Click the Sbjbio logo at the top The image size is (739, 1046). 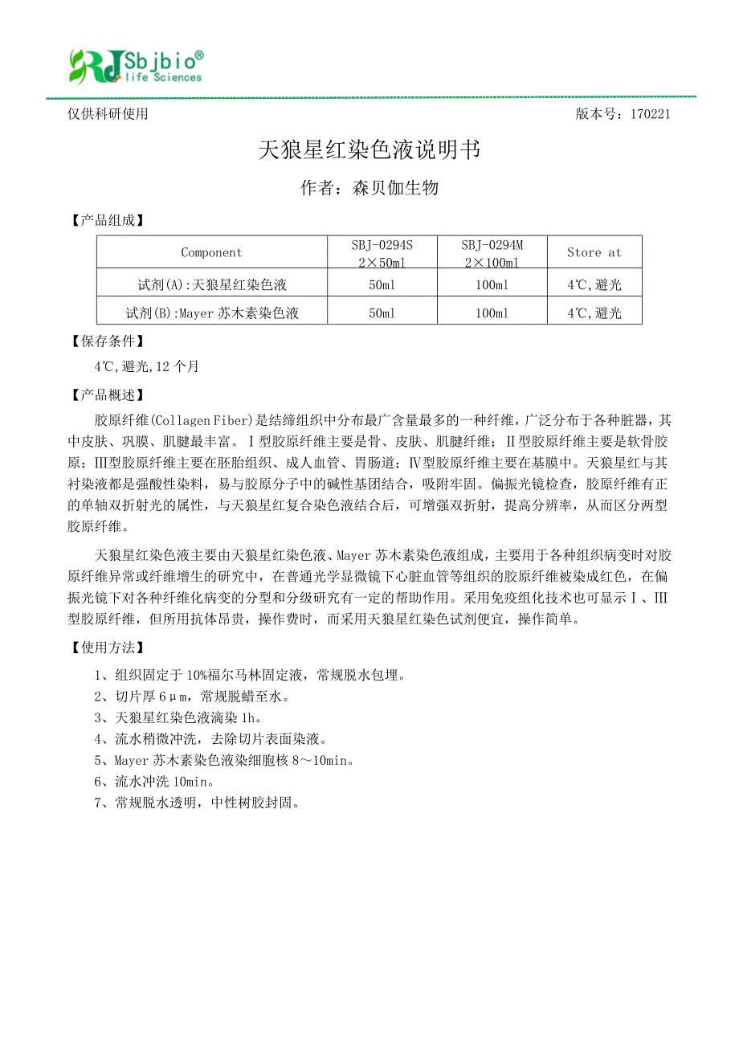click(x=135, y=66)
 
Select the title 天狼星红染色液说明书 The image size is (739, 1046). click(x=369, y=150)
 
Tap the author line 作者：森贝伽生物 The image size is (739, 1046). click(x=369, y=188)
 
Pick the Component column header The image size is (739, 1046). click(x=211, y=252)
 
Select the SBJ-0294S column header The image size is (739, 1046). click(x=382, y=252)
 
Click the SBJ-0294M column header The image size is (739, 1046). click(x=492, y=252)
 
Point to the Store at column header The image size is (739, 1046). click(x=594, y=252)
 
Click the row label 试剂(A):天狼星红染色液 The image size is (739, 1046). click(x=212, y=284)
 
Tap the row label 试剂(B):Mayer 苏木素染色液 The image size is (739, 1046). click(x=212, y=313)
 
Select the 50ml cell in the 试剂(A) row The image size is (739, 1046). click(x=382, y=284)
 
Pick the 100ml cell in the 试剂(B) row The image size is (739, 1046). click(x=492, y=313)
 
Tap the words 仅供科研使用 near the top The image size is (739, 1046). click(x=108, y=114)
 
